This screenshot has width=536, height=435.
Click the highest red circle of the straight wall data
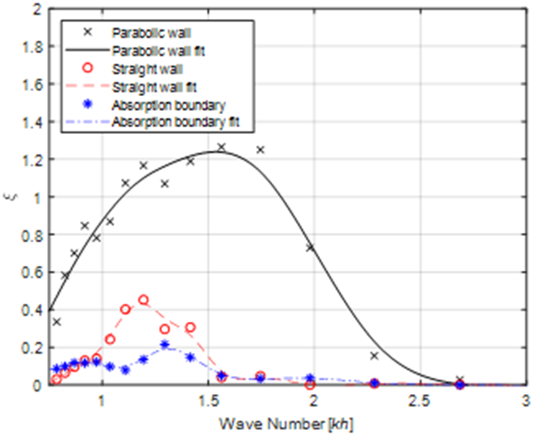[x=144, y=300]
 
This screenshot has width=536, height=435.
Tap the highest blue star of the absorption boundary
[x=165, y=345]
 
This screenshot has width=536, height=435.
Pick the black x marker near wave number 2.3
[x=374, y=355]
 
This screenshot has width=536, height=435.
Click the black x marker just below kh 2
[x=311, y=247]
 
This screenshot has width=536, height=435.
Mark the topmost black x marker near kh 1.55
[x=221, y=147]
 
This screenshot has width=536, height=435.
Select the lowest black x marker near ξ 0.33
[x=57, y=322]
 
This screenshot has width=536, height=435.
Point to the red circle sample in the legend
[x=79, y=69]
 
